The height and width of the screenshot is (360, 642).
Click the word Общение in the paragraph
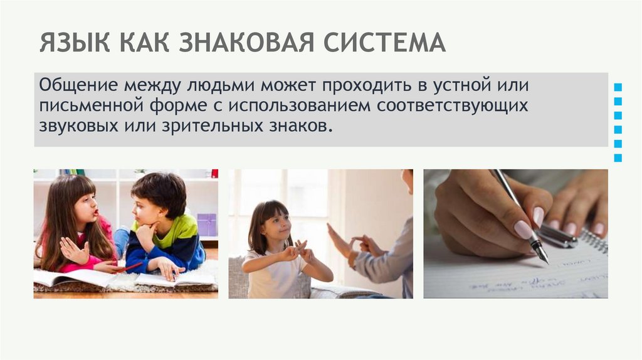[x=78, y=85]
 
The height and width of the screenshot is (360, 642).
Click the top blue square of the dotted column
[x=618, y=87]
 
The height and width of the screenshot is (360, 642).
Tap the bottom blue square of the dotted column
[x=618, y=158]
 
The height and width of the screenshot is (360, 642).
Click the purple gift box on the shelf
[x=206, y=224]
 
